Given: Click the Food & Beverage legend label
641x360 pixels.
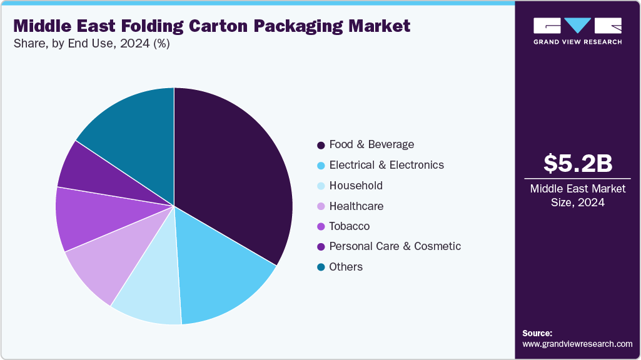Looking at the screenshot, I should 371,144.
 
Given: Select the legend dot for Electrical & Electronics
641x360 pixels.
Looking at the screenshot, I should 321,166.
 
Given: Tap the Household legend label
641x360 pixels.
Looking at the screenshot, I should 356,186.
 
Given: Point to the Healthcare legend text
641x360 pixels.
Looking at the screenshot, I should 356,206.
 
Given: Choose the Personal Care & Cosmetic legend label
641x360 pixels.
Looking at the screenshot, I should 395,246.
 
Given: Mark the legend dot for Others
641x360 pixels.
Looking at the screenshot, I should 321,267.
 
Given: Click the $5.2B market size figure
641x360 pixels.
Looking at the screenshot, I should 577,163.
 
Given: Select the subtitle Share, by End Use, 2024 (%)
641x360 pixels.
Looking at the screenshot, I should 92,44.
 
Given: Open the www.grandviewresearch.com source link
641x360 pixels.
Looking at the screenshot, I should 577,344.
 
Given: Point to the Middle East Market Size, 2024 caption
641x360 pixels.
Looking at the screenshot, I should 577,195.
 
